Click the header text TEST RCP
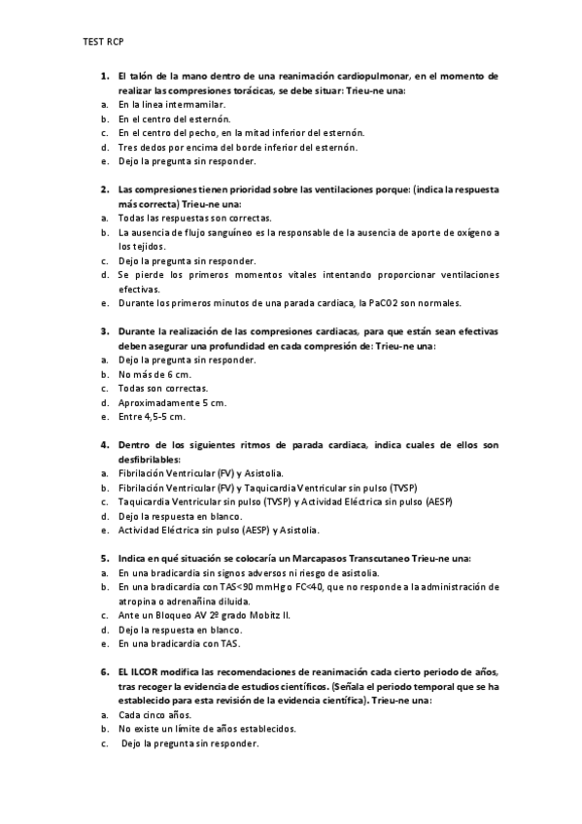pyautogui.click(x=103, y=42)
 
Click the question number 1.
pyautogui.click(x=104, y=74)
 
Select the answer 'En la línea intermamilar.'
pyautogui.click(x=172, y=103)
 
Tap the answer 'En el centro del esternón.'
pyautogui.click(x=174, y=118)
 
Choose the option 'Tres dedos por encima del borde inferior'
pyautogui.click(x=237, y=147)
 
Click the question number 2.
pyautogui.click(x=104, y=189)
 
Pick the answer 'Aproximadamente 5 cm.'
pyautogui.click(x=172, y=402)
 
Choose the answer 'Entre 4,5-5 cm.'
pyautogui.click(x=152, y=417)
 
